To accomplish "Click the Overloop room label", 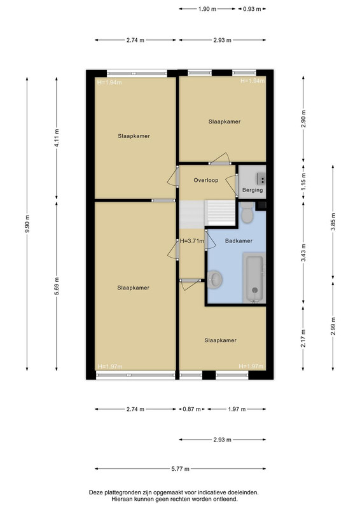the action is click(x=206, y=180).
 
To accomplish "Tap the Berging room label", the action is click(x=253, y=190).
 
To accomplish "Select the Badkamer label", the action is click(x=239, y=241).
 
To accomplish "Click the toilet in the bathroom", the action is click(x=247, y=213).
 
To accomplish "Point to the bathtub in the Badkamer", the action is click(x=254, y=278).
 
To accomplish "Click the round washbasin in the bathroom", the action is click(x=214, y=279).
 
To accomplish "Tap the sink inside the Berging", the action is click(x=261, y=178).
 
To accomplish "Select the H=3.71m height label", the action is click(x=192, y=241).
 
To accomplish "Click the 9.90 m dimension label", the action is click(x=27, y=224).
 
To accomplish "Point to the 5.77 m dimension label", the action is click(x=180, y=469).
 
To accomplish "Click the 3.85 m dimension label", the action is click(x=333, y=222).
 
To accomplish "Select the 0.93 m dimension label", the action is click(x=252, y=9).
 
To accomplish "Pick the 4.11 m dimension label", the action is click(x=57, y=138).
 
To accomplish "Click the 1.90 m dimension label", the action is click(x=207, y=9).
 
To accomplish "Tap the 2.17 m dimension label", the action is click(x=303, y=338).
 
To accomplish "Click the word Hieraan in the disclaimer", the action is click(x=121, y=499).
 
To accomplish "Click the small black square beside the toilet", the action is click(x=261, y=206).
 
